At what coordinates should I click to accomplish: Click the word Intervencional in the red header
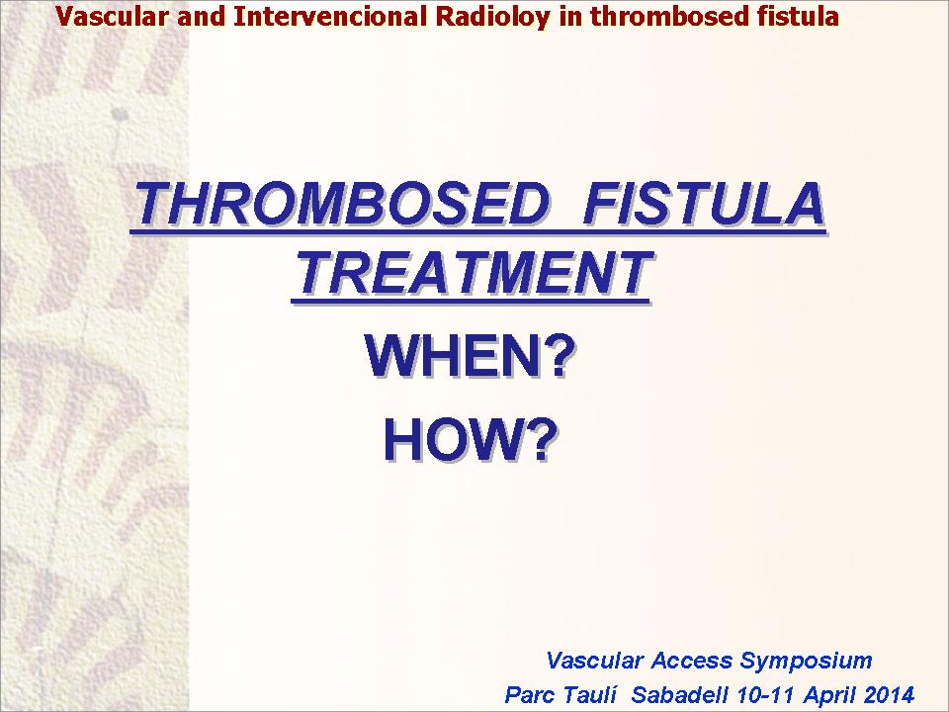click(x=330, y=17)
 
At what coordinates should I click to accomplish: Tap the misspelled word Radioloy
click(x=492, y=18)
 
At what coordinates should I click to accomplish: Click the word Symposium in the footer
click(x=807, y=661)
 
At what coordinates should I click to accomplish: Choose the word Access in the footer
click(x=692, y=660)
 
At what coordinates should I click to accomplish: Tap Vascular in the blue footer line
click(x=594, y=660)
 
